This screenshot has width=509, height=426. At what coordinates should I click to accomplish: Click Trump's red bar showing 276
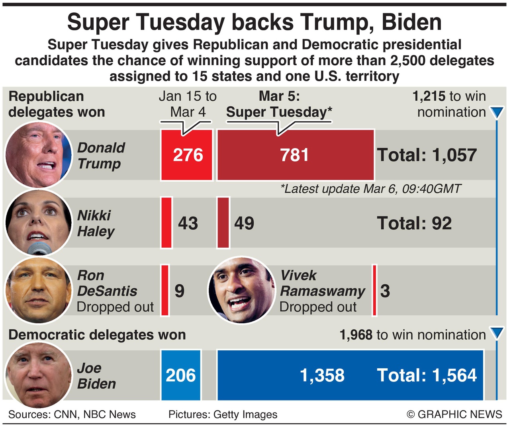pyautogui.click(x=186, y=155)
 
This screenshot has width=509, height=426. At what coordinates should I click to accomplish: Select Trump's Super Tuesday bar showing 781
pyautogui.click(x=295, y=155)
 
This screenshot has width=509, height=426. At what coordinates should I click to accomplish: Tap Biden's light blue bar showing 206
pyautogui.click(x=180, y=375)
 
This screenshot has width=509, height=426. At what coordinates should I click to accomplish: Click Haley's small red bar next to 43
pyautogui.click(x=166, y=223)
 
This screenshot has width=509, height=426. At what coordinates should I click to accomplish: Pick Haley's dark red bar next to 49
pyautogui.click(x=223, y=223)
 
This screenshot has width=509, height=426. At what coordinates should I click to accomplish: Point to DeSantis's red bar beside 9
pyautogui.click(x=164, y=290)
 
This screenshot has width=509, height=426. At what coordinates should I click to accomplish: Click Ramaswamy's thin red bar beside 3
pyautogui.click(x=374, y=290)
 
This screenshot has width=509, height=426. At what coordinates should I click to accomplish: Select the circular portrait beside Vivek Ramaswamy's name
pyautogui.click(x=241, y=289)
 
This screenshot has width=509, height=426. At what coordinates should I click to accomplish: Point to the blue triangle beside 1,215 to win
pyautogui.click(x=496, y=113)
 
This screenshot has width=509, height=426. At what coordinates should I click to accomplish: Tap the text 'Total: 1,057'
pyautogui.click(x=427, y=155)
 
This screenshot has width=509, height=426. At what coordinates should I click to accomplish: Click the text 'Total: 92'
pyautogui.click(x=414, y=223)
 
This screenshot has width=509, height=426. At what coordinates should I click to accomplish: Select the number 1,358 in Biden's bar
pyautogui.click(x=322, y=375)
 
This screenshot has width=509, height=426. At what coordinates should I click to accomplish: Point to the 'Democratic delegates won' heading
pyautogui.click(x=97, y=335)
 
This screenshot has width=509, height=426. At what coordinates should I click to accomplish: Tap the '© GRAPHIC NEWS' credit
pyautogui.click(x=454, y=414)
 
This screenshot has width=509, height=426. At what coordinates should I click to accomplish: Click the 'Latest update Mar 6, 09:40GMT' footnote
pyautogui.click(x=371, y=188)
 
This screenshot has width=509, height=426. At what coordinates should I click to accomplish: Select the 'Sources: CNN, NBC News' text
pyautogui.click(x=72, y=414)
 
